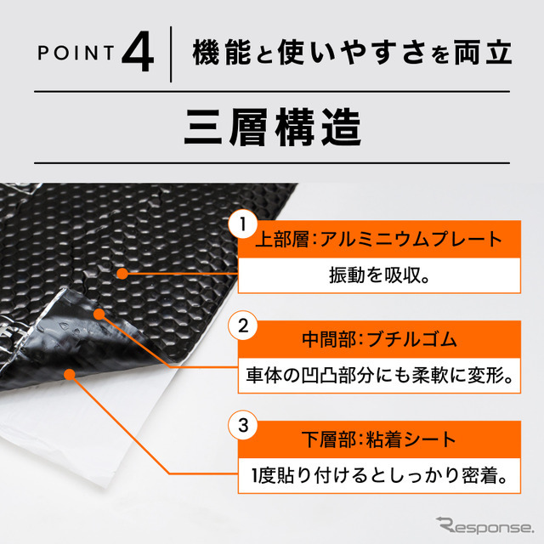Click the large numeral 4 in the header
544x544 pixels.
pos(137,53)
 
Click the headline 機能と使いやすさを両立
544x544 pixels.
pos(351,53)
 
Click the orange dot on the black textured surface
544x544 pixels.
pos(122,274)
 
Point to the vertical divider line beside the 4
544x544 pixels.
pos(173,54)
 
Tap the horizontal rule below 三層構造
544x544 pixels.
pos(272,161)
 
